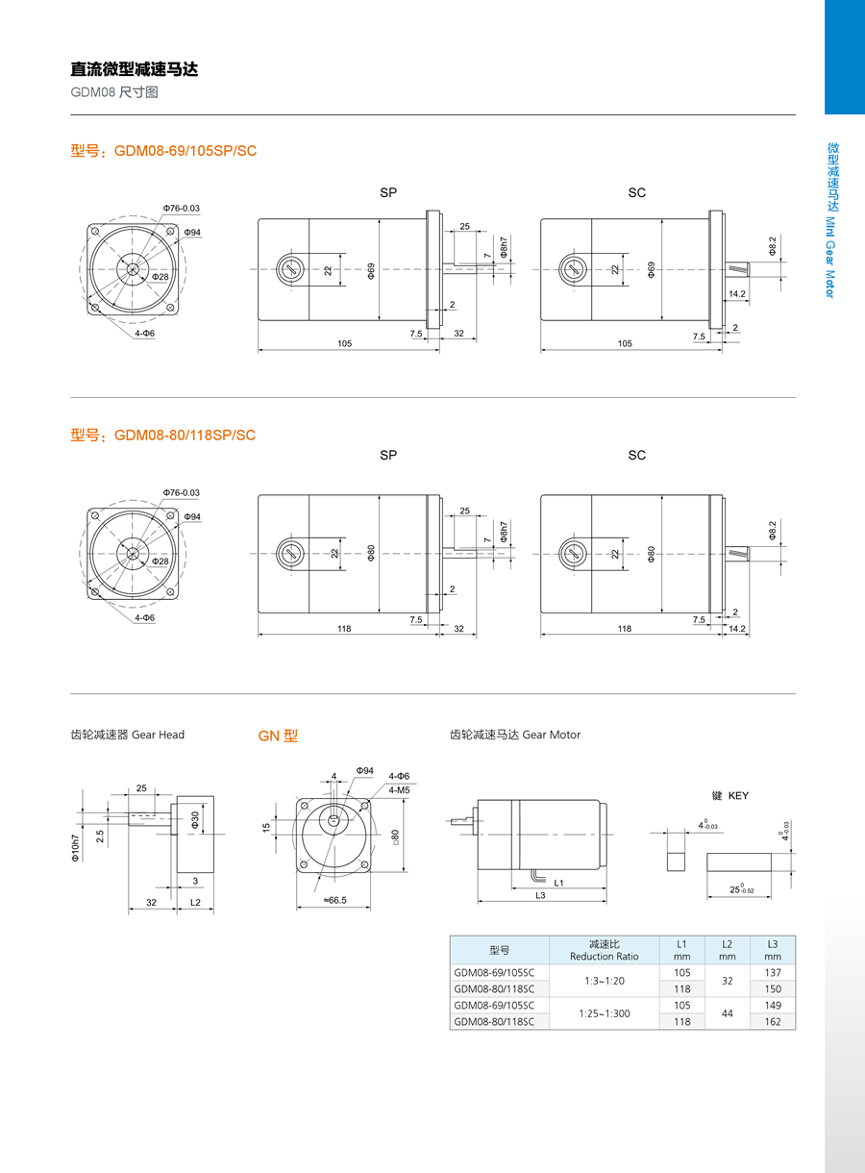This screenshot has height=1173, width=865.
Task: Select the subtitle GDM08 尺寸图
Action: [x=113, y=93]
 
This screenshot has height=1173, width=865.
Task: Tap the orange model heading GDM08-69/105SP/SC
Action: [x=163, y=151]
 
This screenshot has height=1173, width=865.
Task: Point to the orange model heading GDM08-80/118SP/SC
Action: [x=163, y=435]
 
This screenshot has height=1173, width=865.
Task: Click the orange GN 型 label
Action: [x=278, y=736]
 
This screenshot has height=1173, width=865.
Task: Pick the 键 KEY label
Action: [x=729, y=796]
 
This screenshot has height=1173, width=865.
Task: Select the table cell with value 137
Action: [x=773, y=973]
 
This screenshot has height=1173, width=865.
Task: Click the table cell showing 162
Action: [x=773, y=1021]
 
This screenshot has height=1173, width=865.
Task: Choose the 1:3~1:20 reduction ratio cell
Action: [x=604, y=981]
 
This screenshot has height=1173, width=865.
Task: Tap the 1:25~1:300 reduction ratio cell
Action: [x=604, y=1012]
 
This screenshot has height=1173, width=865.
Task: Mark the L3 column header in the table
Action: [x=773, y=950]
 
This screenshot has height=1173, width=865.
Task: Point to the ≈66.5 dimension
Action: [x=334, y=900]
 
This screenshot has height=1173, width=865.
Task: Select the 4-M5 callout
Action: [x=400, y=789]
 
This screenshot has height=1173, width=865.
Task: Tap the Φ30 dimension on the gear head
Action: [x=195, y=820]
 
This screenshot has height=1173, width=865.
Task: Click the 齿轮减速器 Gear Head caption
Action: [x=128, y=735]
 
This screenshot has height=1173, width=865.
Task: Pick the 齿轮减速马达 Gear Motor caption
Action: [x=515, y=735]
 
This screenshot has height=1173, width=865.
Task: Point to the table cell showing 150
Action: [x=773, y=988]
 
